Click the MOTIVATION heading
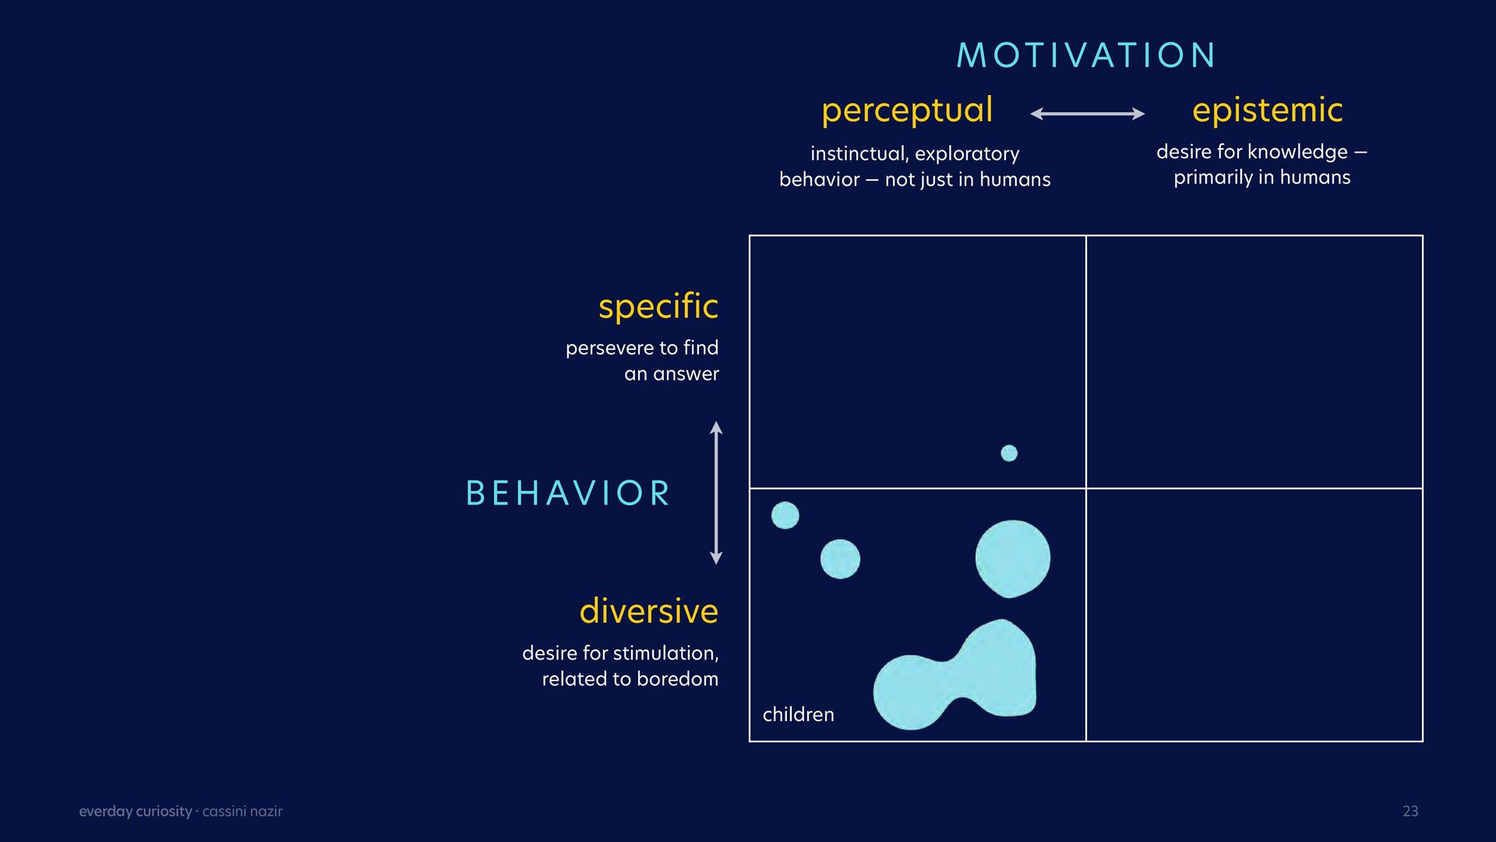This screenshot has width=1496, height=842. pyautogui.click(x=1086, y=55)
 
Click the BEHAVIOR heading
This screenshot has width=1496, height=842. pyautogui.click(x=568, y=494)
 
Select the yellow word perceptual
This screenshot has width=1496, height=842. pyautogui.click(x=907, y=111)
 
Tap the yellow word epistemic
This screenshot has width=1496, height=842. pyautogui.click(x=1268, y=111)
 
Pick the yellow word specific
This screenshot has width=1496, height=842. pyautogui.click(x=658, y=306)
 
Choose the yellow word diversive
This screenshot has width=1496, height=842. pyautogui.click(x=649, y=610)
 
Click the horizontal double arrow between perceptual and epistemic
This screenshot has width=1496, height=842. pyautogui.click(x=1088, y=114)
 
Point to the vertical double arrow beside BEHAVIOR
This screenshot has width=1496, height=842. pyautogui.click(x=716, y=493)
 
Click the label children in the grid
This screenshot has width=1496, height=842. pyautogui.click(x=799, y=714)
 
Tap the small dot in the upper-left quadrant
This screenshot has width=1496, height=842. pyautogui.click(x=1009, y=453)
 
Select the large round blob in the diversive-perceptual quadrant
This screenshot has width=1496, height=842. pyautogui.click(x=1013, y=558)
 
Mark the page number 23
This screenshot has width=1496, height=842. pyautogui.click(x=1410, y=811)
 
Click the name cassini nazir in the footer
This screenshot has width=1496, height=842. pyautogui.click(x=242, y=812)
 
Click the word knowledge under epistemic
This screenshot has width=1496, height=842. pyautogui.click(x=1297, y=152)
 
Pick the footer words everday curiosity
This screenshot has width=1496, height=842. pyautogui.click(x=136, y=812)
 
